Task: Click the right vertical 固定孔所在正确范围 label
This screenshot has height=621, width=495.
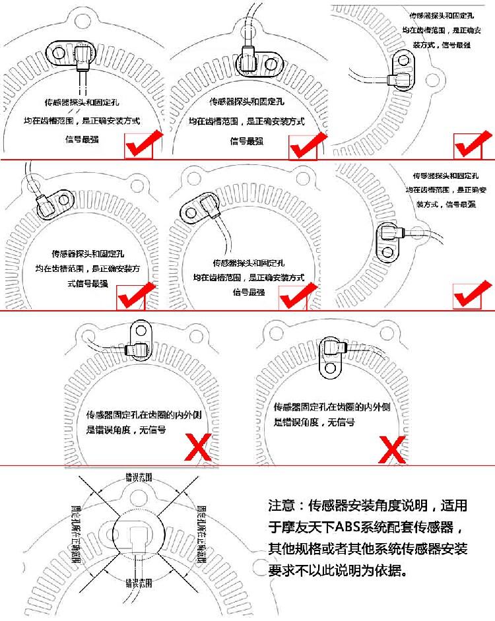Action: tap(201, 529)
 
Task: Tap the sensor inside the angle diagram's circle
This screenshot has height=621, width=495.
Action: tap(137, 538)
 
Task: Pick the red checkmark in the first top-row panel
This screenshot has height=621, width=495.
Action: tap(142, 145)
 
